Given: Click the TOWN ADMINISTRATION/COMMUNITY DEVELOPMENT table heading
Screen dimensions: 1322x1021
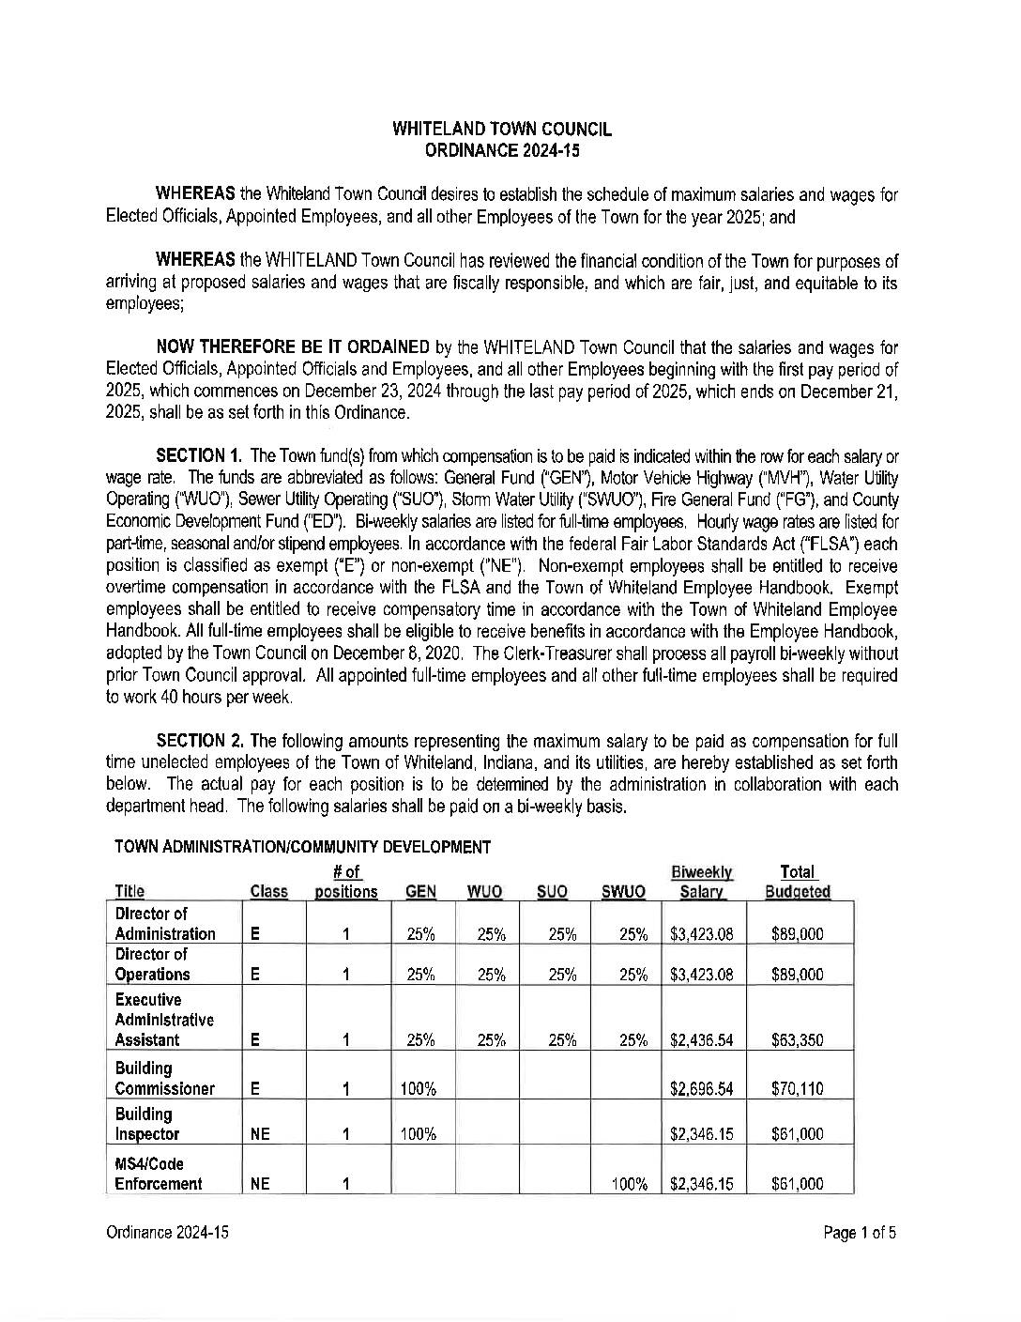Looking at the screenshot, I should point(302,848).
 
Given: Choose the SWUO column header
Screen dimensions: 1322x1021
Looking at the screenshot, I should point(623,892).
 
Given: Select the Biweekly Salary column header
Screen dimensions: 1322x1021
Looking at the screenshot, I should point(701,883).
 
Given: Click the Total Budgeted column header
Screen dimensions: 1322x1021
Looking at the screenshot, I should point(798,883).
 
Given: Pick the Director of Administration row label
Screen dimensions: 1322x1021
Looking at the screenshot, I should point(165,924).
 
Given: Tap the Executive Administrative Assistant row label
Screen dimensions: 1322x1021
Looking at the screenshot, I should point(164,1020).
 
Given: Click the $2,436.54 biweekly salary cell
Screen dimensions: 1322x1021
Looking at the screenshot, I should point(701,1040).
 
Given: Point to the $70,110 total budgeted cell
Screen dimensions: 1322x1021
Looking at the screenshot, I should point(797,1089).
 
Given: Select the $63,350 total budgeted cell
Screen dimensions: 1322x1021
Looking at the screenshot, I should point(797,1040).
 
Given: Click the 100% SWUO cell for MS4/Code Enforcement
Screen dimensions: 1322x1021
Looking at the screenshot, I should point(630,1185).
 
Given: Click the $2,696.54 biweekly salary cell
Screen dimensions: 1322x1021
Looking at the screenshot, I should point(701,1089).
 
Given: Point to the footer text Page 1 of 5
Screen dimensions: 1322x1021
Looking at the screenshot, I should point(860,1233).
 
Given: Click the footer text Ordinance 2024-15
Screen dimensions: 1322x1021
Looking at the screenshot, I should point(167,1233).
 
